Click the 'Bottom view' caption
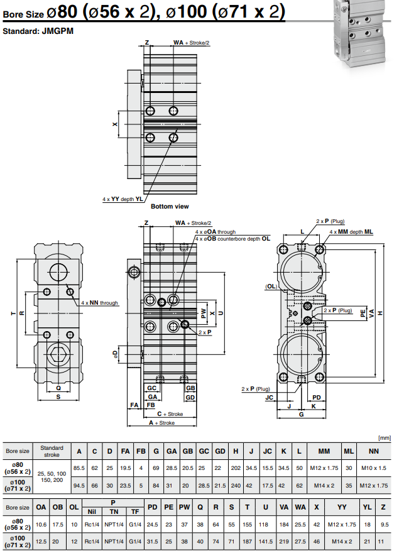[x=170, y=207]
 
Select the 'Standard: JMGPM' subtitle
[x=38, y=31]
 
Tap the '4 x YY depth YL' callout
[x=123, y=199]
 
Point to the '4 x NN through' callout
[x=99, y=303]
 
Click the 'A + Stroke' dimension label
[x=161, y=423]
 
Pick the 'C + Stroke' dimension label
[x=169, y=414]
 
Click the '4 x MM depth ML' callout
[x=351, y=232]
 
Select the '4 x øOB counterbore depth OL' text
[x=232, y=239]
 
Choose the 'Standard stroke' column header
[x=52, y=450]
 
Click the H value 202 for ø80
[x=236, y=468]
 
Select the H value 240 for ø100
[x=236, y=486]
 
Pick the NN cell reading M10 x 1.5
[x=374, y=468]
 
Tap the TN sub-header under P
[x=114, y=511]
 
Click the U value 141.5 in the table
[x=266, y=541]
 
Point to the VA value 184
[x=284, y=524]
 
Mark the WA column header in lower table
[x=300, y=506]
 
